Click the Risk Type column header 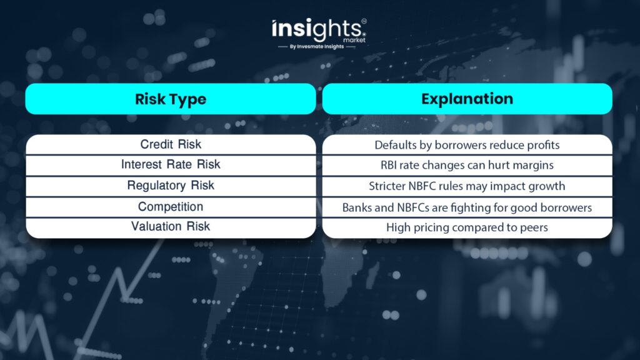coord(171,99)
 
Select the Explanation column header coord(467,99)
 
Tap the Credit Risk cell coord(171,144)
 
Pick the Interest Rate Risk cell coord(171,165)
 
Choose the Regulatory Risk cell coord(171,186)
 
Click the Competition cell coord(171,207)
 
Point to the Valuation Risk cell coord(171,227)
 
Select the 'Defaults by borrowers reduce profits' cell coord(467,144)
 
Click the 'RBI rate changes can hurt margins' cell coord(467,165)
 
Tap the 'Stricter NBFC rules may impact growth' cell coord(467,186)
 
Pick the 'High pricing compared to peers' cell coord(467,227)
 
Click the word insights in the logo coord(317,29)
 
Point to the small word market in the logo coord(354,40)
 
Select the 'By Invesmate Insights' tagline coord(317,46)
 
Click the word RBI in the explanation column coord(389,165)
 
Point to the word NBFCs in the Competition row coord(412,207)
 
